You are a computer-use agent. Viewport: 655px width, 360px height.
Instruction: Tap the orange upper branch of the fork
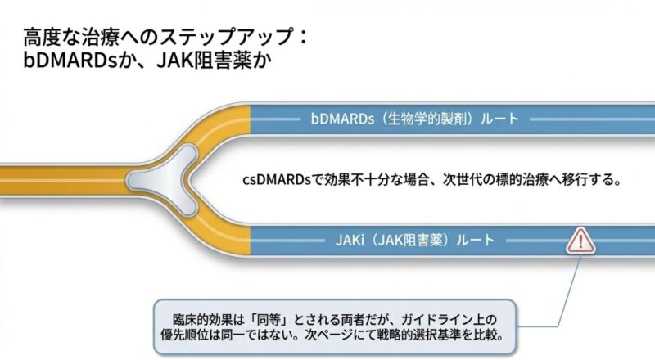pyautogui.click(x=221, y=123)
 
